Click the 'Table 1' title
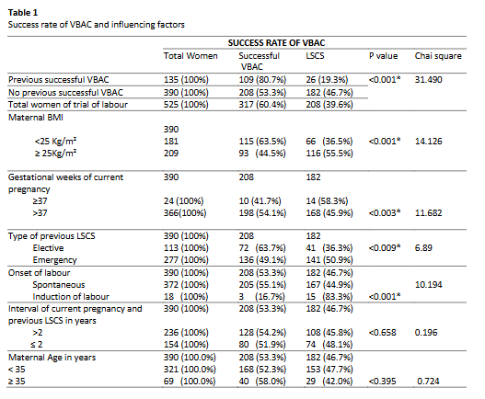[x=23, y=13]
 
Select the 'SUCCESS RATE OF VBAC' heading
[x=276, y=43]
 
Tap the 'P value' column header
[x=383, y=56]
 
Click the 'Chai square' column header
[x=438, y=56]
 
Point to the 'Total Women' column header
[x=191, y=56]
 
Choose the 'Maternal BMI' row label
[x=36, y=118]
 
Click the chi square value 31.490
[x=428, y=80]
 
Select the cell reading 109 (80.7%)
[x=262, y=80]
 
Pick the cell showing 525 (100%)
[x=186, y=105]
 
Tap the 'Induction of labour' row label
[x=71, y=297]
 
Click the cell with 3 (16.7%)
[x=261, y=297]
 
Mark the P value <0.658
[x=382, y=333]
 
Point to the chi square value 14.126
[x=428, y=142]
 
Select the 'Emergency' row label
[x=54, y=260]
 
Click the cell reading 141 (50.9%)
[x=329, y=260]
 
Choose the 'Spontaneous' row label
[x=59, y=285]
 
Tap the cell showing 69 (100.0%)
[x=190, y=382]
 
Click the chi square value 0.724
[x=428, y=382]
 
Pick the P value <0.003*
[x=385, y=213]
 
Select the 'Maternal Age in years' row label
[x=52, y=358]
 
